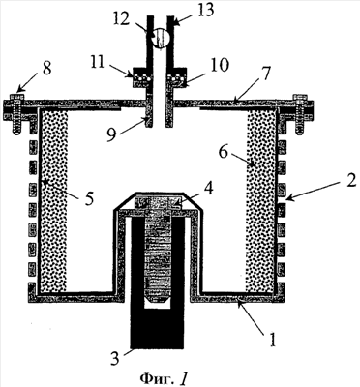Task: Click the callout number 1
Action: (x=273, y=340)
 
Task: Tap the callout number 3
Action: (x=115, y=358)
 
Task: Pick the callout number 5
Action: (x=89, y=198)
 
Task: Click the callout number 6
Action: (x=224, y=152)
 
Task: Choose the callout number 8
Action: (x=47, y=67)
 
